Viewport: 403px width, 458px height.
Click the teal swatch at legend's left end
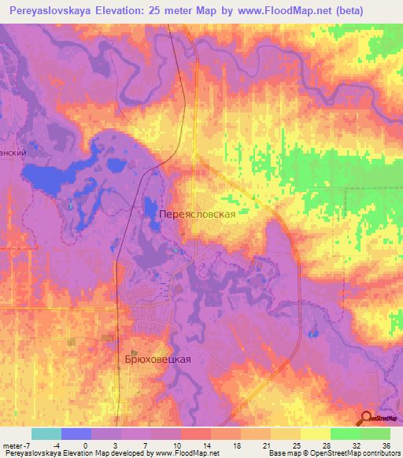tap(46, 434)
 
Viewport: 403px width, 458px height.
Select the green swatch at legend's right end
tap(375, 434)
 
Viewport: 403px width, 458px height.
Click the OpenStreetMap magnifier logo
tap(366, 419)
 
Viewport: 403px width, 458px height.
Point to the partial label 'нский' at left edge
tap(13, 154)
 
